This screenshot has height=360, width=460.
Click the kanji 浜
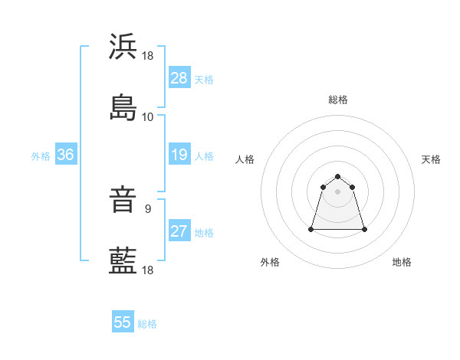tap(123, 47)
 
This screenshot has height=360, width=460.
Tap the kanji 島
tap(123, 107)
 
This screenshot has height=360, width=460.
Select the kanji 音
tap(123, 201)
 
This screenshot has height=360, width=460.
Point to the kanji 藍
tap(123, 260)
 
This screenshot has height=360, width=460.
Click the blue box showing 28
tap(179, 78)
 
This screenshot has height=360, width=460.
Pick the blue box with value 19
tap(179, 155)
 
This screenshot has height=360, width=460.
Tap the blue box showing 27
tap(179, 232)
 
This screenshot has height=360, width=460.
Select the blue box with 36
tap(65, 155)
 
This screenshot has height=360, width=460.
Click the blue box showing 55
tap(123, 322)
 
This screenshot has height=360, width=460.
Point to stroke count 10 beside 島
tap(148, 116)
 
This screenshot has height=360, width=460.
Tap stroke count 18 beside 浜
tap(148, 56)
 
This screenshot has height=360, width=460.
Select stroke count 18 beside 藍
tap(148, 270)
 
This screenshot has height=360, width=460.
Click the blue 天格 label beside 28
tap(203, 79)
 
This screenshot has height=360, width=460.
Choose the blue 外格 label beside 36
tap(41, 156)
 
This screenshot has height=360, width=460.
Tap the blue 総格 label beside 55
tap(147, 323)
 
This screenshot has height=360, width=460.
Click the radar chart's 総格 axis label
tap(337, 100)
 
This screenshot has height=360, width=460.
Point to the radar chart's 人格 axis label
tap(245, 159)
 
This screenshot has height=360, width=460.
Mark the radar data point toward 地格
tap(364, 229)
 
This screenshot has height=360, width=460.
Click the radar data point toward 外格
tap(312, 228)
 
